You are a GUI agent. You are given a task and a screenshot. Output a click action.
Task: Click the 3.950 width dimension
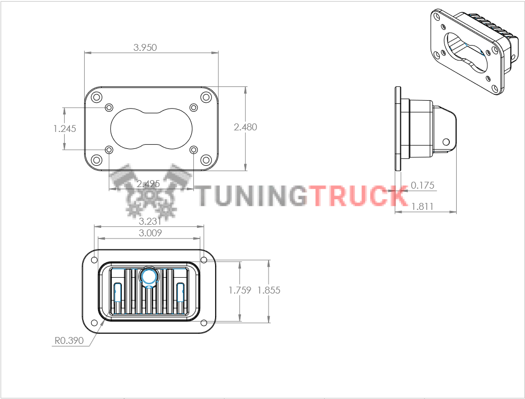[145, 48]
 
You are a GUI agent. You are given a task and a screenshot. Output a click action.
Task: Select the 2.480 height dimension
[245, 127]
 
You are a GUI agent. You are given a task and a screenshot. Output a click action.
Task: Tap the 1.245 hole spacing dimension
[65, 129]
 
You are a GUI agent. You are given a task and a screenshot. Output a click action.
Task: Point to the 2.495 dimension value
[148, 183]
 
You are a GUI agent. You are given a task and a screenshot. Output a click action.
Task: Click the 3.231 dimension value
[150, 221]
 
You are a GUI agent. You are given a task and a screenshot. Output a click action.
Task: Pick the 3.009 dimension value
[150, 233]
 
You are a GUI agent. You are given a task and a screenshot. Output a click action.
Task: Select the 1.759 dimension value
[240, 290]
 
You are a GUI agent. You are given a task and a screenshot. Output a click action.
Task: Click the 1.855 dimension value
[269, 290]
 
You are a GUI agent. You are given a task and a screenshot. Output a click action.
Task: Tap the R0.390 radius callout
[69, 341]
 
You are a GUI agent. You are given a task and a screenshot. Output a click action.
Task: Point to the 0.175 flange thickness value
[423, 185]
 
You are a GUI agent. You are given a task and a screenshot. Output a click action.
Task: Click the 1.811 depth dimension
[423, 206]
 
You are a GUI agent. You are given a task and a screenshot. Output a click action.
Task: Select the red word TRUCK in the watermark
[358, 196]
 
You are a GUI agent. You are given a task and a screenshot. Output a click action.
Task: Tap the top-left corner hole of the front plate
[96, 97]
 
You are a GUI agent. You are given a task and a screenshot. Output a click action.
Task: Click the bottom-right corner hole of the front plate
[206, 160]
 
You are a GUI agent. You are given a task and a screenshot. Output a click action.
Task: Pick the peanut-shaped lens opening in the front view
[152, 129]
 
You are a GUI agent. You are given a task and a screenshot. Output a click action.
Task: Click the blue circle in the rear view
[149, 277]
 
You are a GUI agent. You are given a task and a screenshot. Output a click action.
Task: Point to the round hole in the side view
[446, 141]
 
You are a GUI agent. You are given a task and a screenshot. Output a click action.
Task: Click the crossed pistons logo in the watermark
[150, 191]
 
